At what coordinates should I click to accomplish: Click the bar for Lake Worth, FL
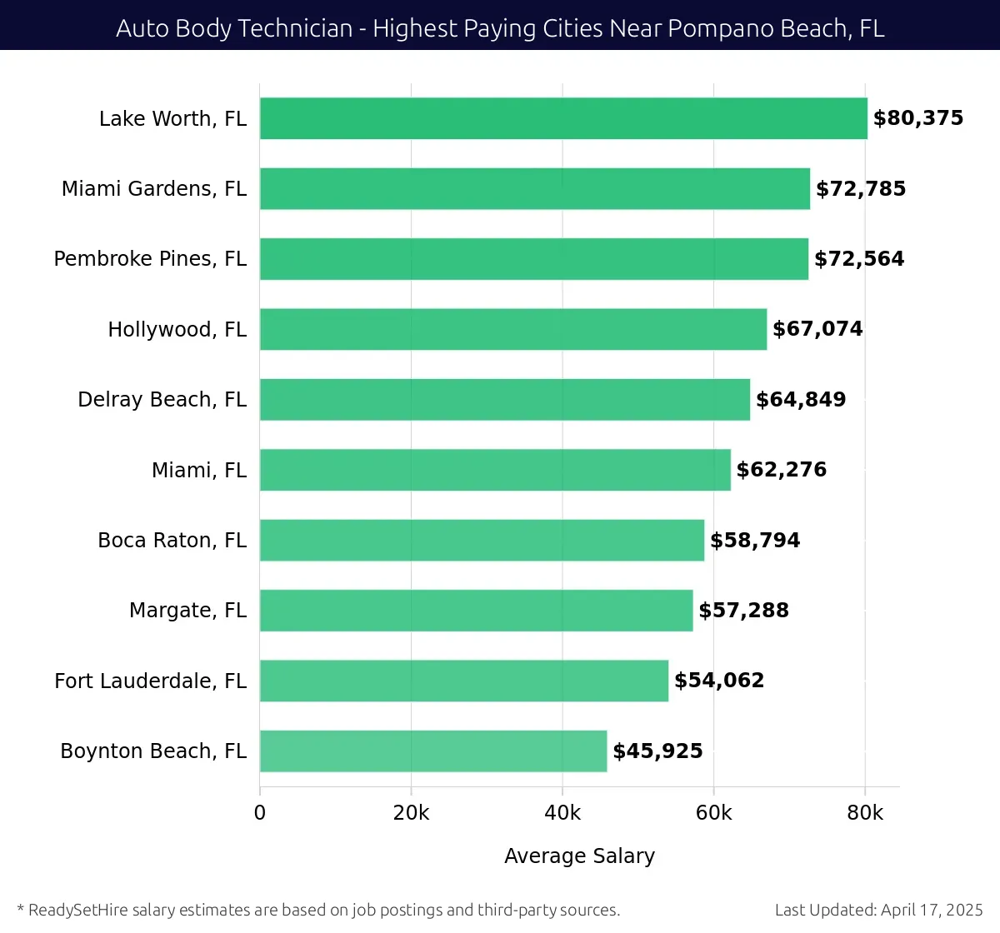[563, 118]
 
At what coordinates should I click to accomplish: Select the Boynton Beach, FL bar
[433, 751]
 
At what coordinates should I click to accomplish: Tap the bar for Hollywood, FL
[513, 329]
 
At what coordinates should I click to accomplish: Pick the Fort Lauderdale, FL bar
[464, 681]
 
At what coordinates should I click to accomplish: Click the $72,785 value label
[861, 189]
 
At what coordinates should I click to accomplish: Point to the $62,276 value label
[782, 470]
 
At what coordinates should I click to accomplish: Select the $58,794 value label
[755, 541]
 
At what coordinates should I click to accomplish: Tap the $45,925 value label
[657, 751]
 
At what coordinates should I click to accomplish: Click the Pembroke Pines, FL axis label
[150, 259]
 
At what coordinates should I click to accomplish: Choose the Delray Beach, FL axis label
[162, 400]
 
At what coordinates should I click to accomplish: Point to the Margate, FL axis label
[187, 611]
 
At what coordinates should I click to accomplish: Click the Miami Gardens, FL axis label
[153, 189]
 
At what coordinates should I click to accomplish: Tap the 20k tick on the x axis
[411, 813]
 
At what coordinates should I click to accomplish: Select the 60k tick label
[713, 813]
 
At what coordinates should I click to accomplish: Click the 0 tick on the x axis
[260, 813]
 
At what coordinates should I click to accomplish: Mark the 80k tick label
[865, 813]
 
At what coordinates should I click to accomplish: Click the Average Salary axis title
[579, 856]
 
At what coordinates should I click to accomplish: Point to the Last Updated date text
[878, 910]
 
